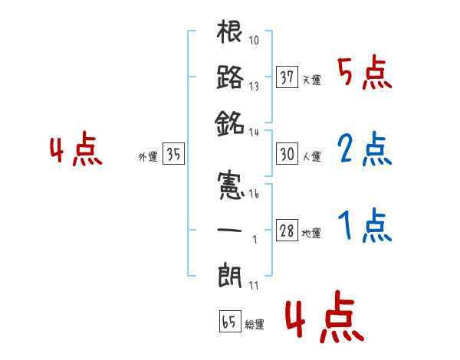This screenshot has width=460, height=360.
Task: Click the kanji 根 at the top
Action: tap(230, 34)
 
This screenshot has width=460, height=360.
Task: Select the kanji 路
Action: tap(230, 77)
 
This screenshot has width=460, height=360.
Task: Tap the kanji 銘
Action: tap(230, 121)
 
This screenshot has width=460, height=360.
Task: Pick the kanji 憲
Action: tap(230, 186)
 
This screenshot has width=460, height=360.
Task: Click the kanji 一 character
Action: tap(230, 229)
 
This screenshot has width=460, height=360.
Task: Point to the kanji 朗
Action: tap(230, 273)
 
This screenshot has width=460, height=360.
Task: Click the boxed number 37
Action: tap(287, 77)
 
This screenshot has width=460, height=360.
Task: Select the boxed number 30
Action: tap(287, 154)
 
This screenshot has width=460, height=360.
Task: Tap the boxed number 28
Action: tap(287, 230)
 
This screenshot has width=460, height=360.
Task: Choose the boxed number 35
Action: tap(173, 154)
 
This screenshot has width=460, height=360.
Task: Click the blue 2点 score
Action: tap(363, 151)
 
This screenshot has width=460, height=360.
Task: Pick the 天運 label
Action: tap(311, 80)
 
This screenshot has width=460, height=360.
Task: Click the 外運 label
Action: tap(148, 157)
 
